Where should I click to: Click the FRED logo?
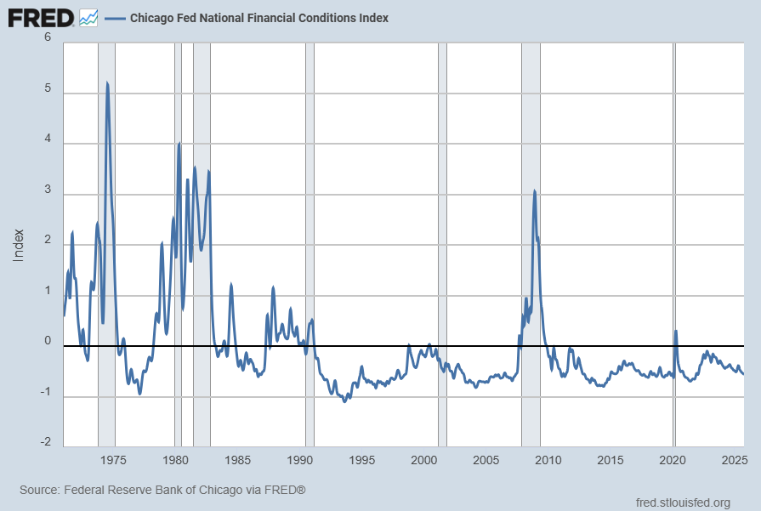(x=41, y=17)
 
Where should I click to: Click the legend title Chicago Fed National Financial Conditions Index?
(x=258, y=18)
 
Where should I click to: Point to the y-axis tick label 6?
(x=48, y=38)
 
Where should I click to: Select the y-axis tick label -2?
(x=45, y=443)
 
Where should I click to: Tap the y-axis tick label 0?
(x=48, y=341)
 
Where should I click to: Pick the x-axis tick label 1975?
(x=113, y=460)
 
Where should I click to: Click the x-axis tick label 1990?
(x=300, y=460)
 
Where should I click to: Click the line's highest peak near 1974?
(x=107, y=82)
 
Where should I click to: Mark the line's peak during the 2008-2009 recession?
(x=534, y=190)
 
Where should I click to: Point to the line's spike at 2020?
(x=676, y=331)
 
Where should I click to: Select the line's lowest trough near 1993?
(x=344, y=400)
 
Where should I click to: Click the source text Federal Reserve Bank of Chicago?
(x=162, y=491)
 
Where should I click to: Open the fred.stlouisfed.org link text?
(x=682, y=502)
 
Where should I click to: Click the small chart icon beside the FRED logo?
(x=88, y=17)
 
